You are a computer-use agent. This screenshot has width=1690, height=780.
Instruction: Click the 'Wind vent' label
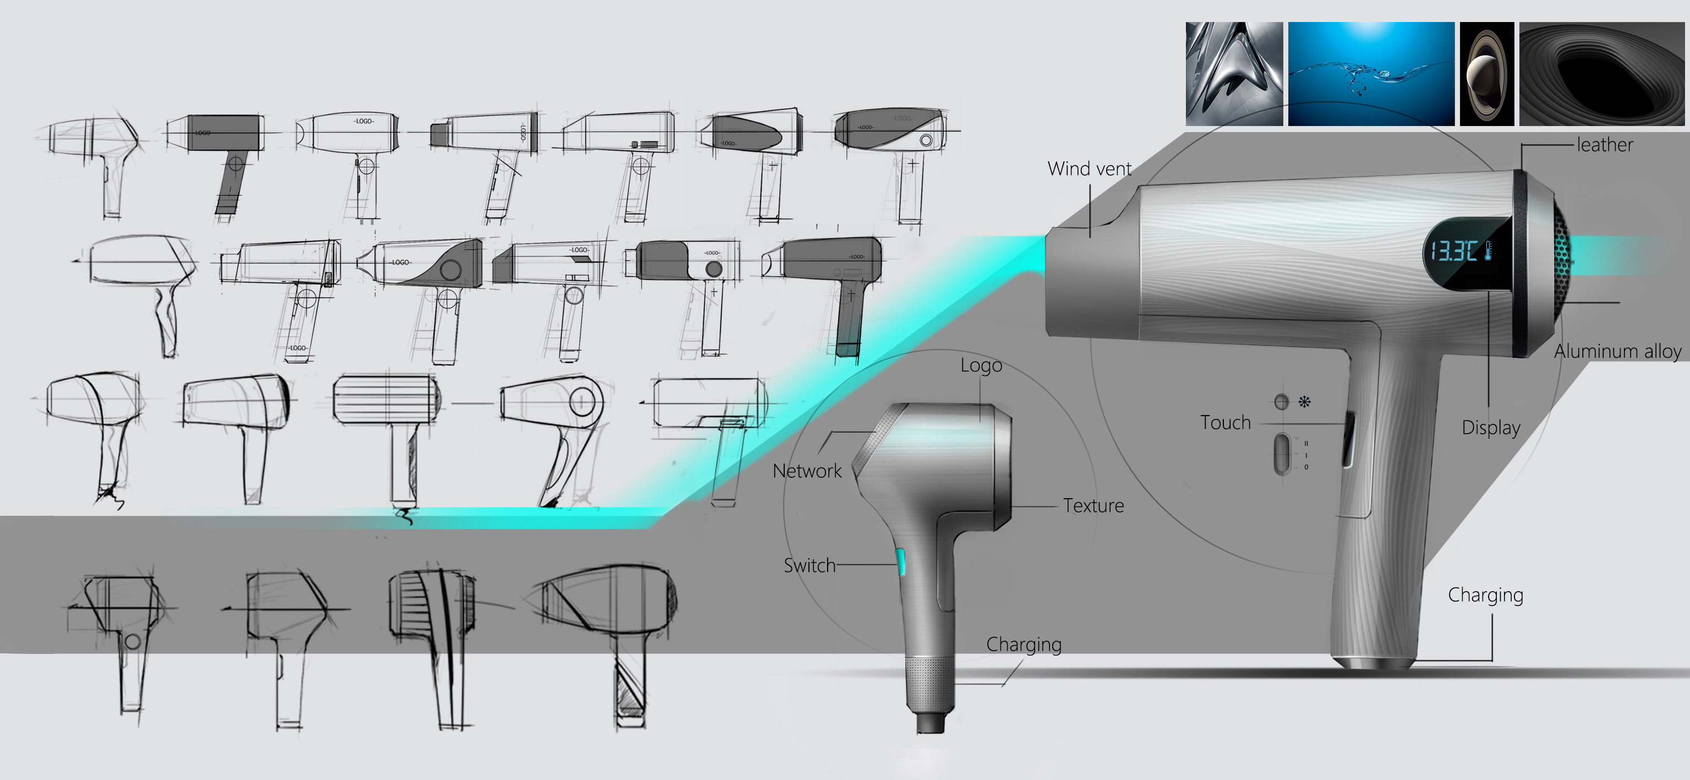tap(1089, 168)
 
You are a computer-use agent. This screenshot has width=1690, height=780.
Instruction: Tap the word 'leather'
tap(1605, 144)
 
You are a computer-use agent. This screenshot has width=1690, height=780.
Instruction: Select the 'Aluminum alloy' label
tap(1617, 352)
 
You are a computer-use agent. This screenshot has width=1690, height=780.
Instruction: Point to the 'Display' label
tap(1491, 428)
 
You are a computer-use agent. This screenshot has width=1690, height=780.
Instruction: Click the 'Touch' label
tap(1226, 422)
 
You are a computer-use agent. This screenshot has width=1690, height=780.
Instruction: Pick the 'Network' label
tap(806, 471)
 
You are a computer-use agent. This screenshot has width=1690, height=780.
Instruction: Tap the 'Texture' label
tap(1093, 506)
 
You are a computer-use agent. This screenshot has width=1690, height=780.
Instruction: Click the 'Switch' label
tap(810, 565)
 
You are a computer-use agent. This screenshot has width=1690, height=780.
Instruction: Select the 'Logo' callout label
tap(981, 366)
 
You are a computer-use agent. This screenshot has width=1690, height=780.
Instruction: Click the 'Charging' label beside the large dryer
tap(1485, 595)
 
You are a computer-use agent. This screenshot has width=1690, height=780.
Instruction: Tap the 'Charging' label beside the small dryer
tap(1024, 645)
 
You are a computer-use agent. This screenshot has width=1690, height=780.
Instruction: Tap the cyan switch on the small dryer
tap(901, 561)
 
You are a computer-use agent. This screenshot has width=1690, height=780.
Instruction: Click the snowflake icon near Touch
tap(1304, 401)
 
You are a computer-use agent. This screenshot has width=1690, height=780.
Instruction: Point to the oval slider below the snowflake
tap(1281, 454)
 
